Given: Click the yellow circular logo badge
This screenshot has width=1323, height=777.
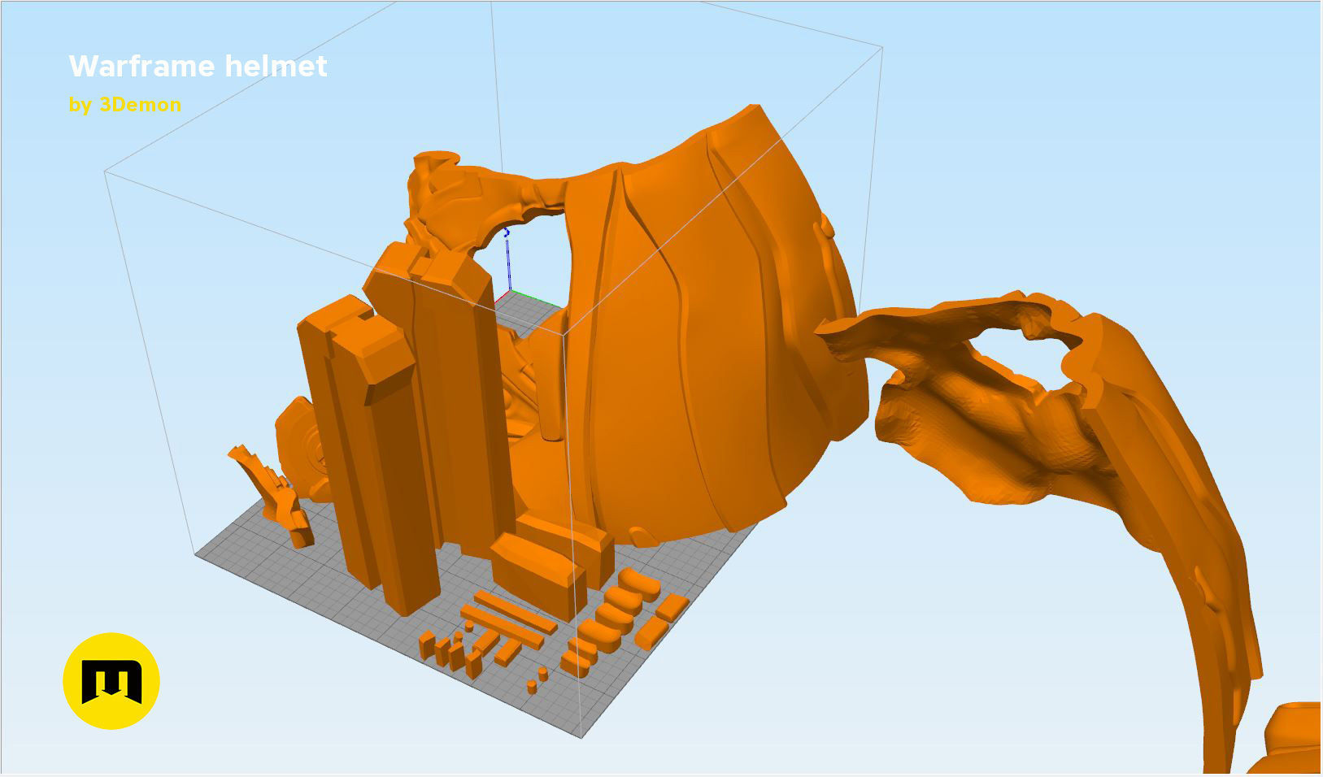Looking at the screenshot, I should pos(111,681).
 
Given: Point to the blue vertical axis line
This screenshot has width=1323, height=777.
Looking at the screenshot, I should pos(509,260).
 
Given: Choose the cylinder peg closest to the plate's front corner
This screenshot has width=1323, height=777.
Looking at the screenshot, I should pos(532,688).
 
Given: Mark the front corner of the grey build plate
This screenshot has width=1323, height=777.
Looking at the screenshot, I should pos(582,736).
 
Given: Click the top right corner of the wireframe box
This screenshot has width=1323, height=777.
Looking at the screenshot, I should pos(882,47).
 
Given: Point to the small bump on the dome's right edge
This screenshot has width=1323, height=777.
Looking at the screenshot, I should pos(827,228).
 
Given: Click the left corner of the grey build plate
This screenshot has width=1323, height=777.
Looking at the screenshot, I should pos(197,555).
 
